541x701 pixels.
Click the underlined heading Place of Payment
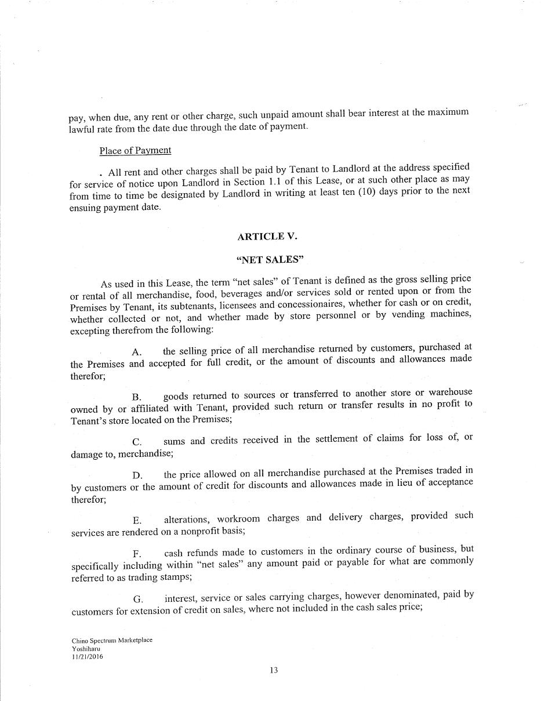135,151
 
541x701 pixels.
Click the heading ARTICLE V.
267,237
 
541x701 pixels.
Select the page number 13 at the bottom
274,670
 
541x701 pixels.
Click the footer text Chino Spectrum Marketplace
112,640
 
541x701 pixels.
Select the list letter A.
136,352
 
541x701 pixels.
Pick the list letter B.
136,397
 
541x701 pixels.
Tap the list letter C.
137,442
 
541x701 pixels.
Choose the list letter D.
137,476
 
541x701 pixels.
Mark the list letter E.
136,520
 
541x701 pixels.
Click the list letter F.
136,554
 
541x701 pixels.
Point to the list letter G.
137,599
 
